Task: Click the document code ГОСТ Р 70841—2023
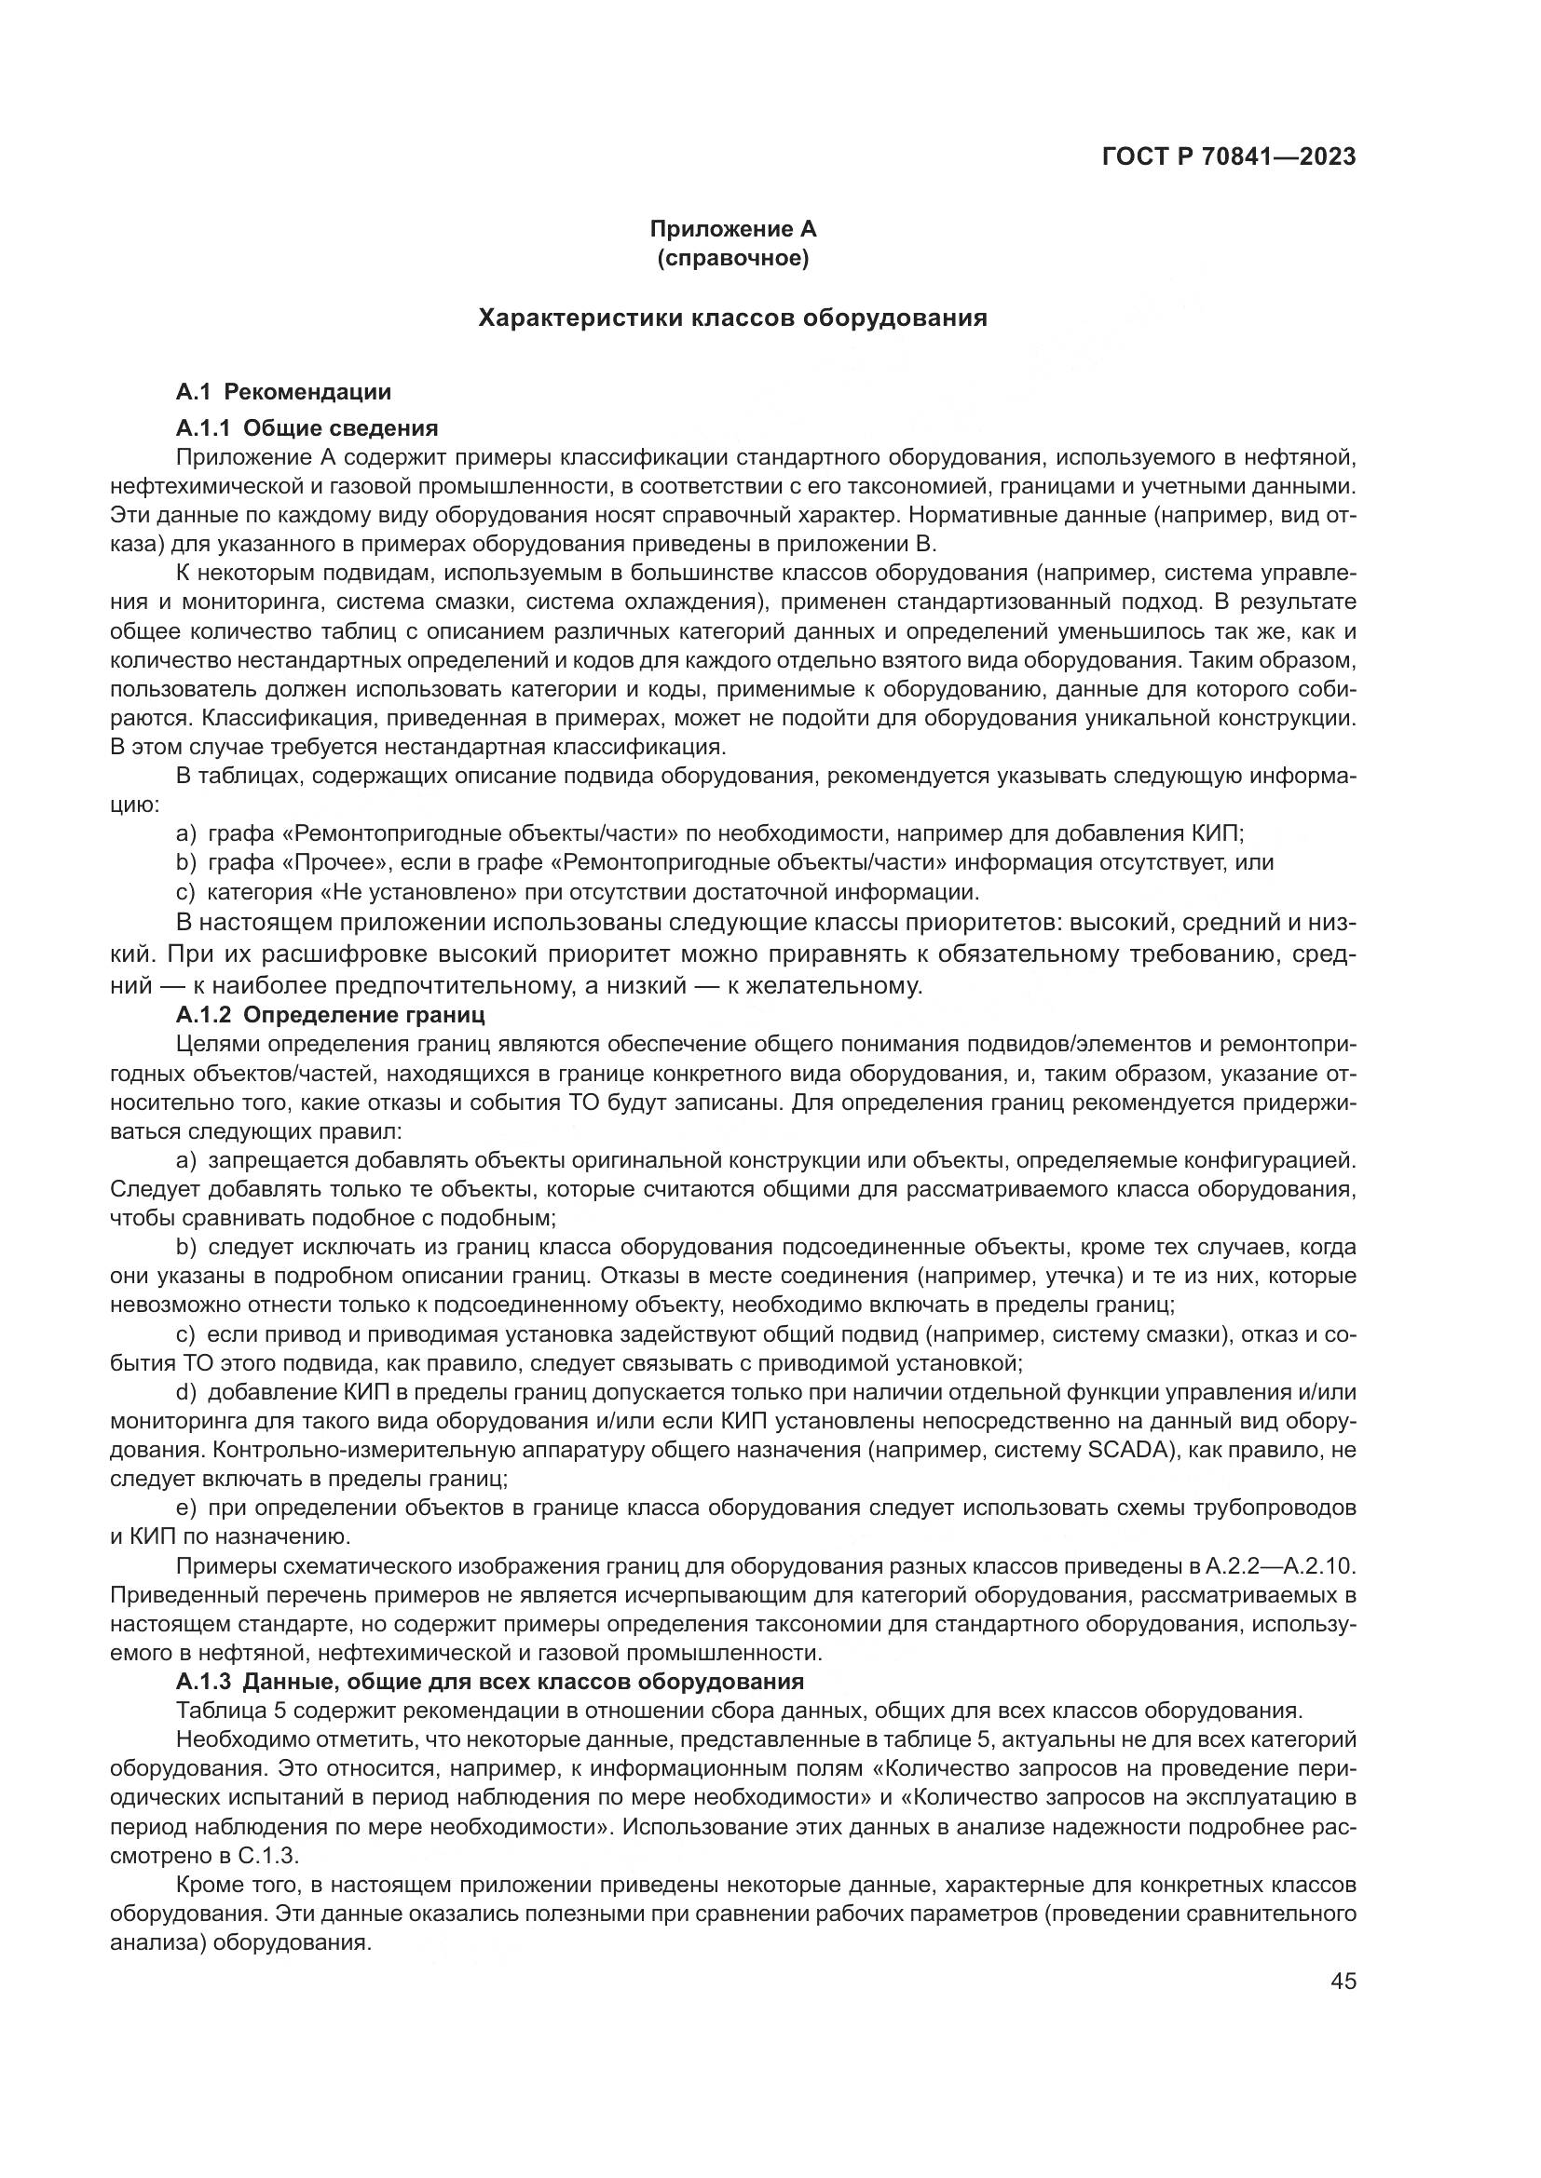1229,156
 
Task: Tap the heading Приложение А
732,229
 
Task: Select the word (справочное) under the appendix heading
732,258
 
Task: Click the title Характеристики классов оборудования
732,318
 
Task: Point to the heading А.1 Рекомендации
284,392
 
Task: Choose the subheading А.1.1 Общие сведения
307,426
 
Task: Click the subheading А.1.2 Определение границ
330,1014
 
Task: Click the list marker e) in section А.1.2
187,1508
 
